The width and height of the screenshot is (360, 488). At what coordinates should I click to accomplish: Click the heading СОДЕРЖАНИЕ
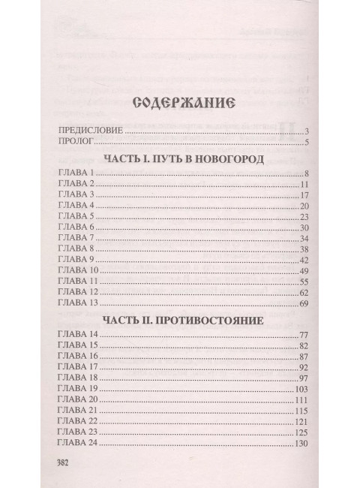(181, 104)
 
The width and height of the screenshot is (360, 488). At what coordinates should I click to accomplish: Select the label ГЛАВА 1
(74, 174)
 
